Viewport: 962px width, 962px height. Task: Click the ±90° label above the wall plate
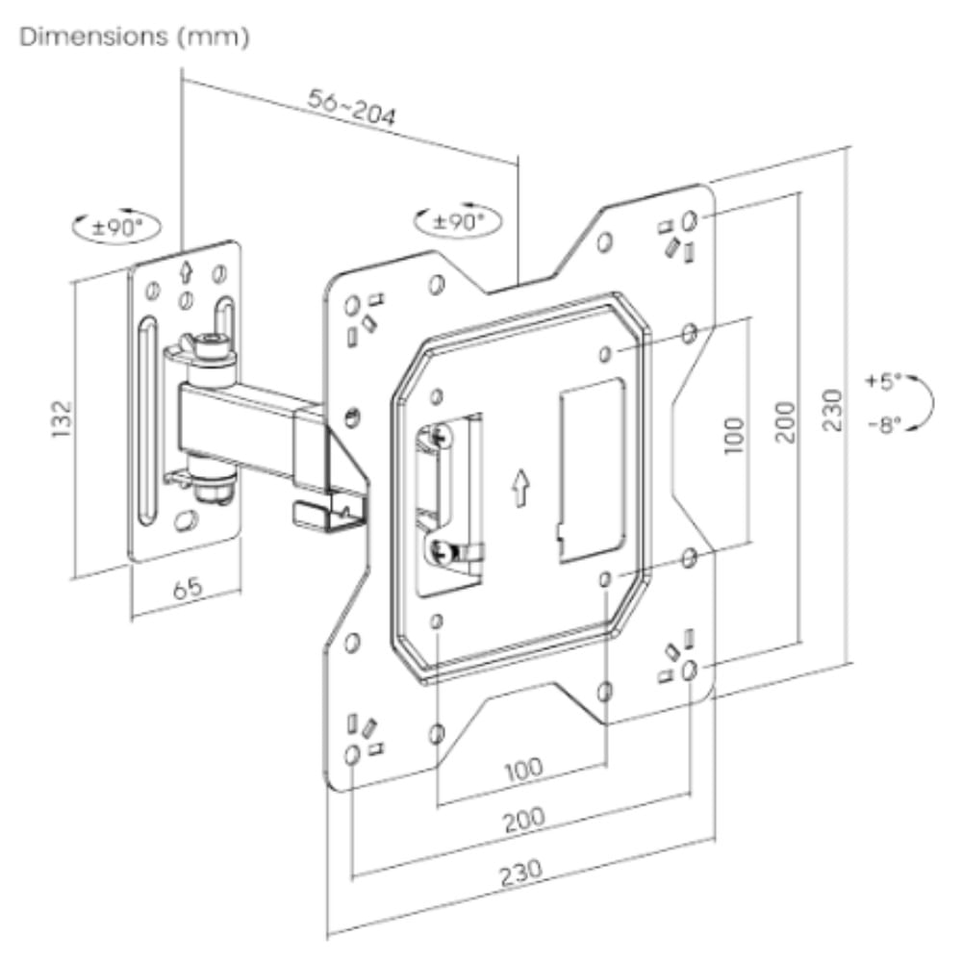pos(116,229)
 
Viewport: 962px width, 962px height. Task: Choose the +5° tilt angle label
pos(880,381)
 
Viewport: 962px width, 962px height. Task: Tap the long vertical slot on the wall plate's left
pos(145,418)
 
